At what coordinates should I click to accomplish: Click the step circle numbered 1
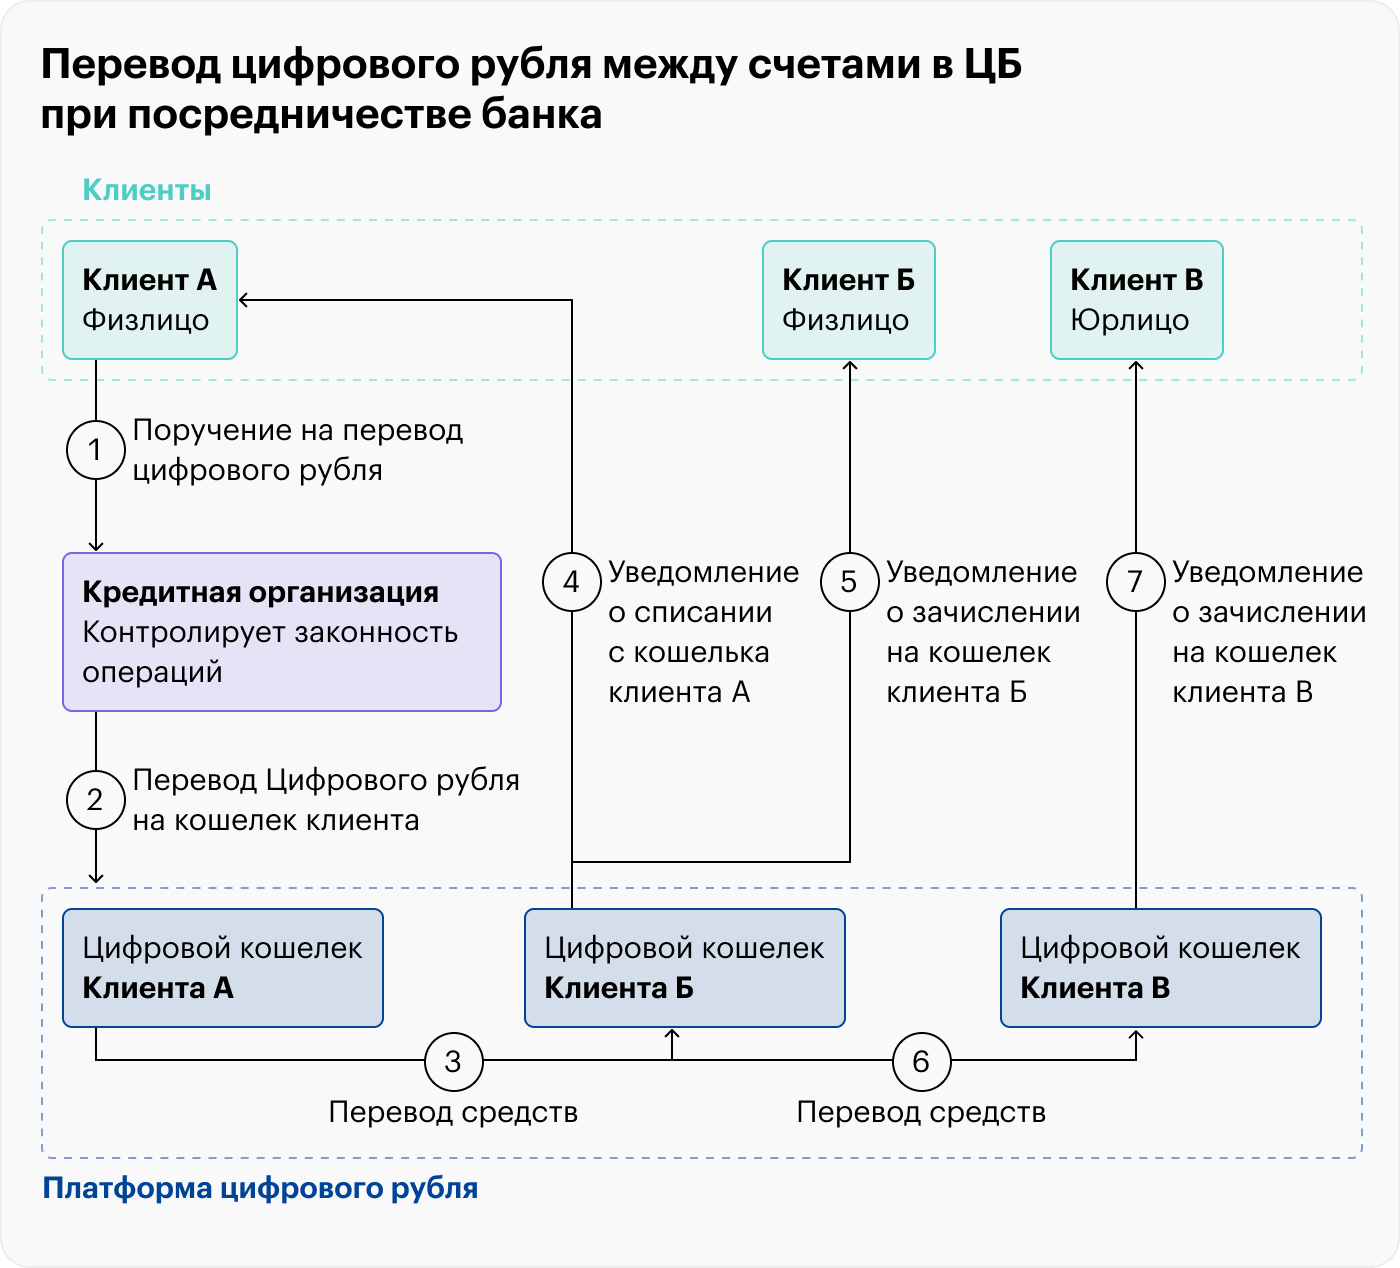point(95,450)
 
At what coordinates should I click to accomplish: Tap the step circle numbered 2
point(95,800)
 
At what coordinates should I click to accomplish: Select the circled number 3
point(453,1061)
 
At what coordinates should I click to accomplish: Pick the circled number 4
point(571,582)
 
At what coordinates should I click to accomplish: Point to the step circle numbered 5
point(849,582)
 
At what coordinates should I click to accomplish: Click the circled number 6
point(921,1061)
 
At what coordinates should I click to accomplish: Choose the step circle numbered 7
point(1135,582)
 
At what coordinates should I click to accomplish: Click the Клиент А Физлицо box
point(150,300)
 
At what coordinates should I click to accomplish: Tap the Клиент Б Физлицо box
point(848,300)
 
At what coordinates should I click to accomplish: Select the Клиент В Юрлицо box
point(1136,300)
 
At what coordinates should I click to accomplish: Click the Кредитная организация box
point(281,632)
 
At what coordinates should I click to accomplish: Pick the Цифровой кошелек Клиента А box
point(222,968)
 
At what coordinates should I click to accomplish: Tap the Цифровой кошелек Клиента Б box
point(684,968)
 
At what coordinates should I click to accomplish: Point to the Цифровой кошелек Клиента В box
point(1160,968)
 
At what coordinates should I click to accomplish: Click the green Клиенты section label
point(146,190)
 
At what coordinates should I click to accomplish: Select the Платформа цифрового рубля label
point(260,1188)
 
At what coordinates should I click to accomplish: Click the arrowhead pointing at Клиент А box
point(244,300)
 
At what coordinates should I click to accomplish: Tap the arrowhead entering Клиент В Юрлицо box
point(1136,366)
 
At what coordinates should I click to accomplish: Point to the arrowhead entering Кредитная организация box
point(96,546)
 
